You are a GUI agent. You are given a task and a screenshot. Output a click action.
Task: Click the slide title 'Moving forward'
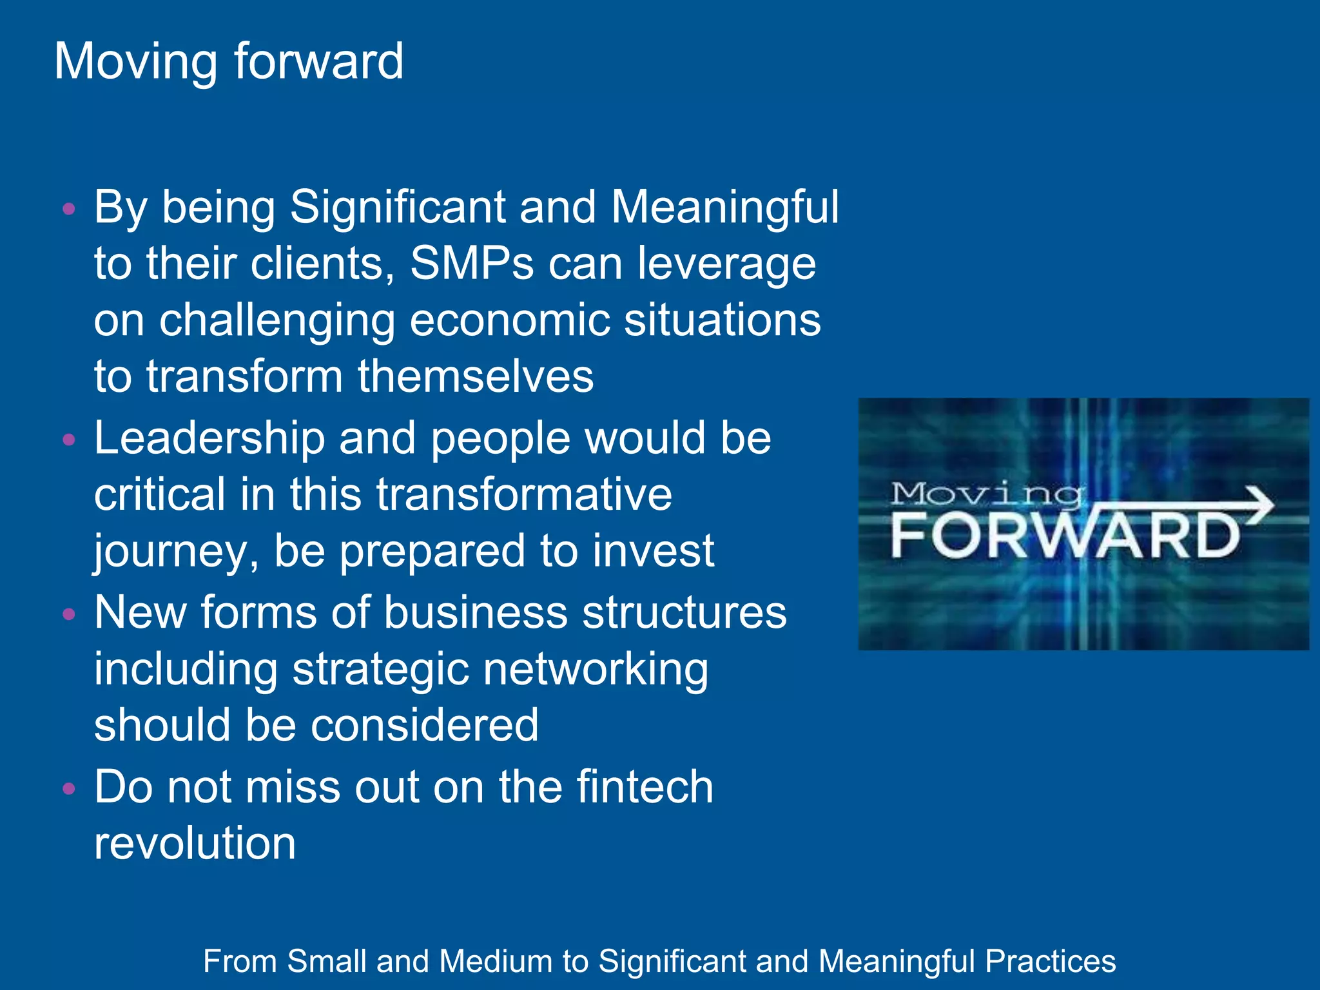[229, 61]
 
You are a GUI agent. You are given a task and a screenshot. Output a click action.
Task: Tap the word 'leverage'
[726, 264]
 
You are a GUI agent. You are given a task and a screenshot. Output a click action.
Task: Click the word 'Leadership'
[209, 438]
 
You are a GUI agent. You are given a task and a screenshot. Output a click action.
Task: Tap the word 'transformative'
[524, 494]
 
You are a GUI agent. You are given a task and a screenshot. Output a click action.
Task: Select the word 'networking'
[596, 670]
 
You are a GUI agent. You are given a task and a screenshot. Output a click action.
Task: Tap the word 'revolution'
[195, 843]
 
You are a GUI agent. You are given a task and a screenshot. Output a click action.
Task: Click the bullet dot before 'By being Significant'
[69, 209]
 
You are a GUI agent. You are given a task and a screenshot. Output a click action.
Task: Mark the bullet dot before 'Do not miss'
[69, 788]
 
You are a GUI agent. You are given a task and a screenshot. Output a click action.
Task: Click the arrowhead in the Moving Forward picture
[1259, 504]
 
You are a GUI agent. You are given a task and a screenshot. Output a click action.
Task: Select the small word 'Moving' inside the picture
[986, 495]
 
